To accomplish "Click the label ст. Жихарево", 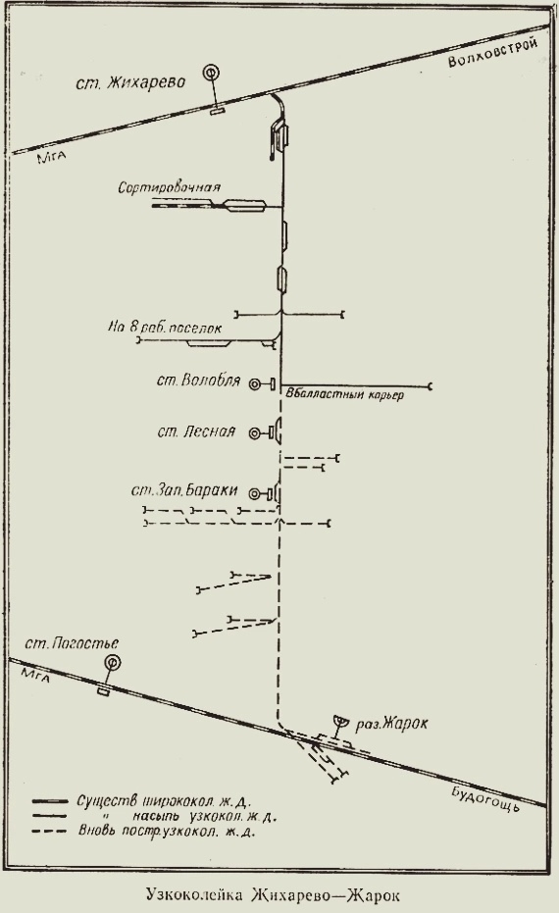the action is tap(130, 81).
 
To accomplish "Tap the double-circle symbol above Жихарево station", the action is tap(212, 73).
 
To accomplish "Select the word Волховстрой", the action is tap(492, 53).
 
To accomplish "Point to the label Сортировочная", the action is tap(169, 187).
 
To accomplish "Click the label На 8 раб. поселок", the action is tap(164, 328).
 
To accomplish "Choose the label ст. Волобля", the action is tap(198, 380).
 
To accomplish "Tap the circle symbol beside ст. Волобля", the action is tap(254, 384).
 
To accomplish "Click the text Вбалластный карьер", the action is tap(345, 394).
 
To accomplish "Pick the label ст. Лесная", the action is tap(196, 431).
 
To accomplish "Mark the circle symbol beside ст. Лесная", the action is tap(254, 432).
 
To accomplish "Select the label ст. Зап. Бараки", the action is tap(184, 490).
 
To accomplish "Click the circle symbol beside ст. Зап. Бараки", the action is tap(254, 494).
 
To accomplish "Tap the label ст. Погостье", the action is tap(73, 643).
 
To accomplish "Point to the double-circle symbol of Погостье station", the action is tap(111, 662).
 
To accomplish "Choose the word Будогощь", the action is tap(484, 797).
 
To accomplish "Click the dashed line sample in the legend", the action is tap(51, 831).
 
